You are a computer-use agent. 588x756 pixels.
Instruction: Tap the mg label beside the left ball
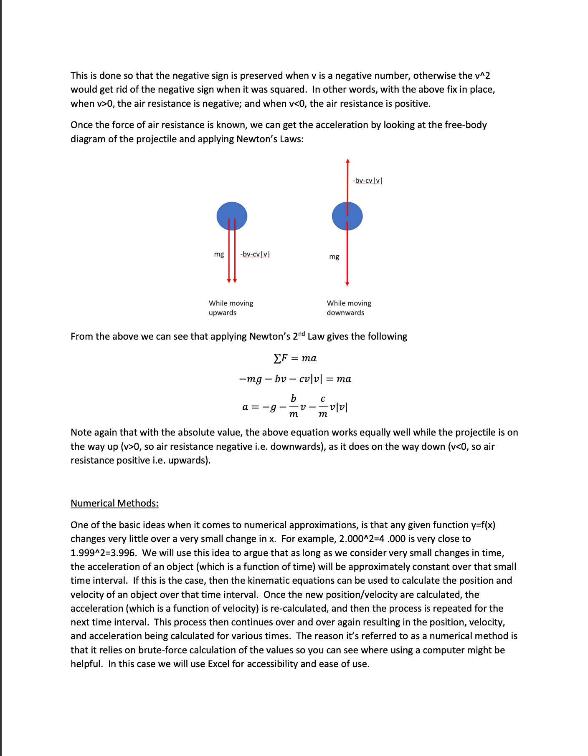[x=219, y=254]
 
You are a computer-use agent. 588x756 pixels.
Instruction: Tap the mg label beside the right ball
[x=334, y=257]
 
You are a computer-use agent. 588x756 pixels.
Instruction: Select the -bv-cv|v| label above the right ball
[x=367, y=180]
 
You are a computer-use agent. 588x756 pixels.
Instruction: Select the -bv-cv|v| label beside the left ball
[x=255, y=254]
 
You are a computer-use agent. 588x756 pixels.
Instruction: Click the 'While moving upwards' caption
[x=231, y=308]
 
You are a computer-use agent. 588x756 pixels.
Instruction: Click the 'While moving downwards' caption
[x=349, y=308]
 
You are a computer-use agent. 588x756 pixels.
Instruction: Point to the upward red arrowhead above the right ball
[x=347, y=161]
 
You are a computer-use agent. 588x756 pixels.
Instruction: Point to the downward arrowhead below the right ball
[x=347, y=284]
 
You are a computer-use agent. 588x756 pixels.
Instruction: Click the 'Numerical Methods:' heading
[x=114, y=503]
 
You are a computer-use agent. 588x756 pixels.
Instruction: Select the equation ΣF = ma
[x=295, y=358]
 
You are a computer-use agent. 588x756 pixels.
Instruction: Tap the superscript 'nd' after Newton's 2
[x=302, y=333]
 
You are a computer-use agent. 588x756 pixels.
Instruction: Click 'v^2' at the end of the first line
[x=482, y=76]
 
